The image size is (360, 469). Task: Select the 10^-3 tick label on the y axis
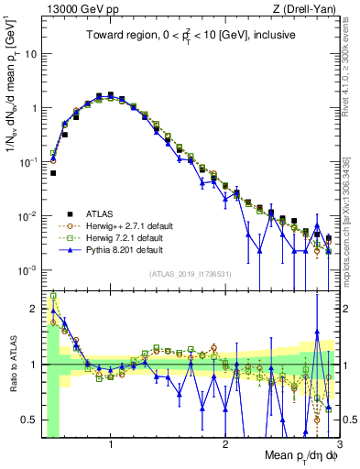[27, 270]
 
